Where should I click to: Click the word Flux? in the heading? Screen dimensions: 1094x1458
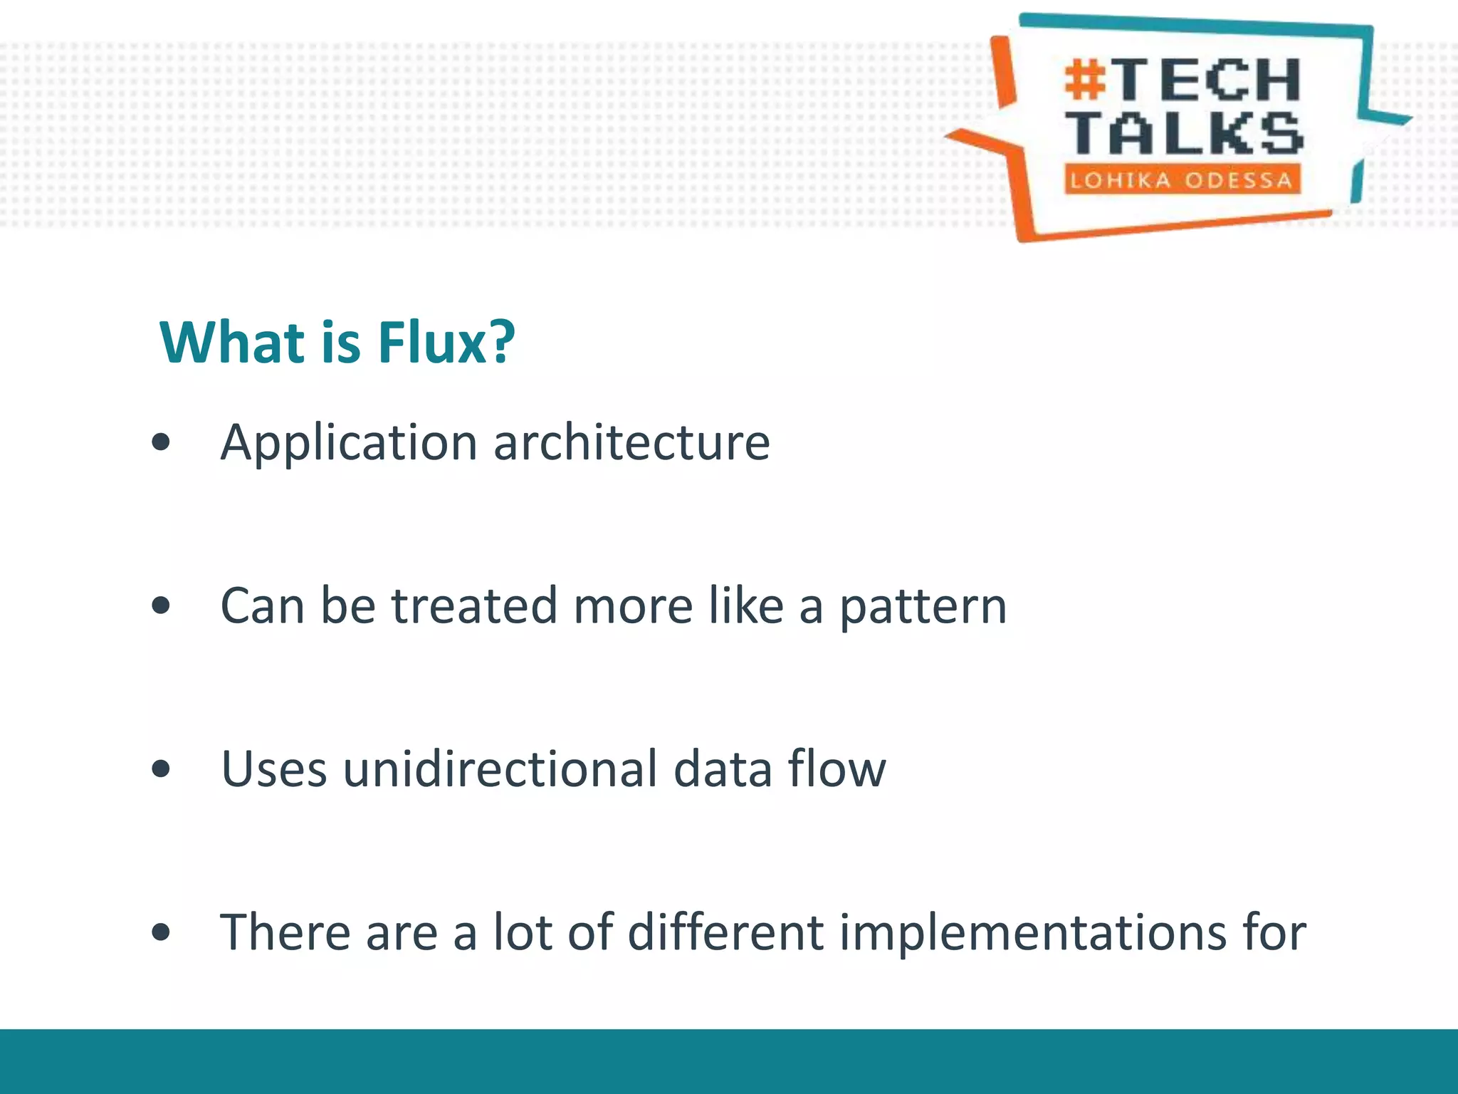pyautogui.click(x=446, y=343)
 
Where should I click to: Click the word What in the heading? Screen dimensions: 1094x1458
pyautogui.click(x=232, y=343)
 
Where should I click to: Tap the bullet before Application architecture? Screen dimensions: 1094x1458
pyautogui.click(x=162, y=442)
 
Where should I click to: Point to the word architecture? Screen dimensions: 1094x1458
pyautogui.click(x=631, y=442)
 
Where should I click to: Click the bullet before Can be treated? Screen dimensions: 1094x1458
pyautogui.click(x=162, y=605)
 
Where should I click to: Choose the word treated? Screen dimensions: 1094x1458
pyautogui.click(x=474, y=605)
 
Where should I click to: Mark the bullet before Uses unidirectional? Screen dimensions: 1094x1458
pyautogui.click(x=162, y=769)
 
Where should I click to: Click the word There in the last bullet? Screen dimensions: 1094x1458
pyautogui.click(x=285, y=932)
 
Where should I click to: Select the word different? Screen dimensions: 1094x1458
pyautogui.click(x=725, y=932)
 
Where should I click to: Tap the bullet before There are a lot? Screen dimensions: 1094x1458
pyautogui.click(x=162, y=932)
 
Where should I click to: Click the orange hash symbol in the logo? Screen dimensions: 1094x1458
pyautogui.click(x=1085, y=80)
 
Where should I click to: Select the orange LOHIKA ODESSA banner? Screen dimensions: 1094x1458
pyautogui.click(x=1182, y=179)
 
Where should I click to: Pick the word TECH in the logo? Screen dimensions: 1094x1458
pyautogui.click(x=1208, y=80)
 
